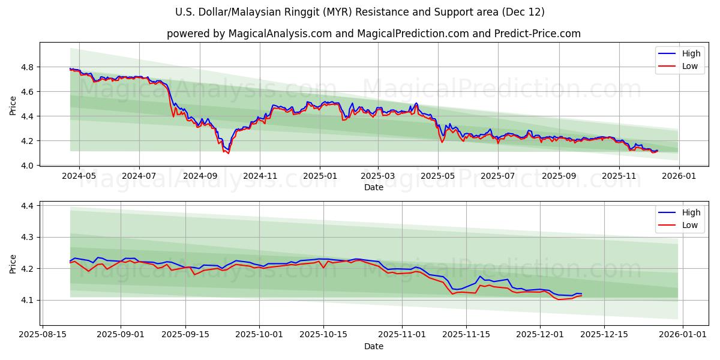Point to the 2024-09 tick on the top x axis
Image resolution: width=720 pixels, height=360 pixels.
[200, 175]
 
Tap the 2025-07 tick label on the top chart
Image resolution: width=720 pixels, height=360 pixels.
[498, 175]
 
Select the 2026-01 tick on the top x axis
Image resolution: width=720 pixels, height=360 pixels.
[679, 175]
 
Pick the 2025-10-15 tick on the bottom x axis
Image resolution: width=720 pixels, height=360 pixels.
[323, 334]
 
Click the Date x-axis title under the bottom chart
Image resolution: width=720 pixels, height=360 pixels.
[373, 346]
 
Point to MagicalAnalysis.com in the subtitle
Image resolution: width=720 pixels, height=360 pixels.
[280, 34]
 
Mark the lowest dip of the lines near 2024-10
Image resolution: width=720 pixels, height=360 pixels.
[228, 153]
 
